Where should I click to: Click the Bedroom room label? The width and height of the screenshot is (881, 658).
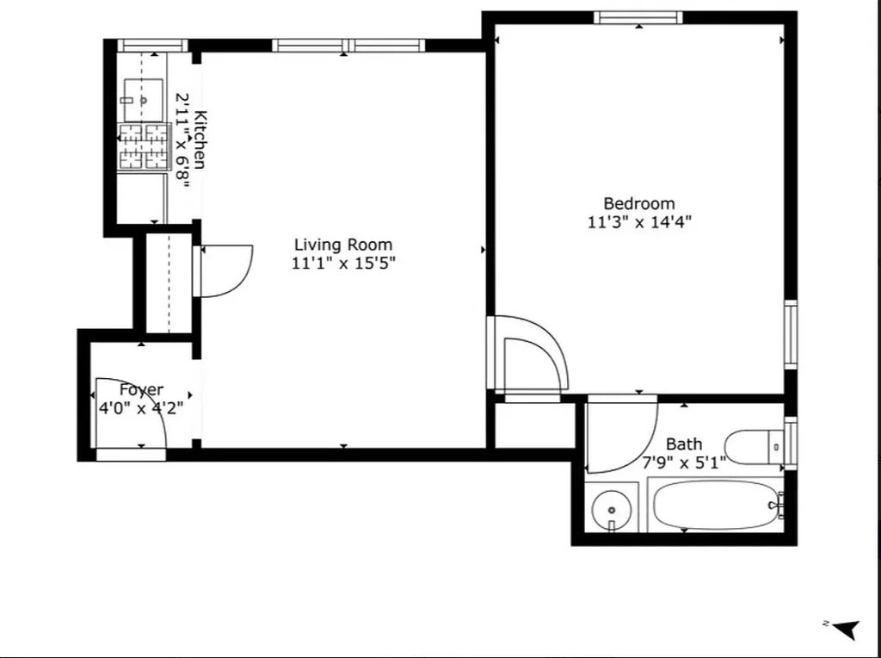click(639, 203)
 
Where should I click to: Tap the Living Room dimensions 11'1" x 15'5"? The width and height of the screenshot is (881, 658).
click(343, 263)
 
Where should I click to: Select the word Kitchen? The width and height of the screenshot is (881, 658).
click(200, 140)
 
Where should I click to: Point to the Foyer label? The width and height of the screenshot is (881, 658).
click(141, 390)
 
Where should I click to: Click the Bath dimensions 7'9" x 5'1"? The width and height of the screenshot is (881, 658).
click(684, 462)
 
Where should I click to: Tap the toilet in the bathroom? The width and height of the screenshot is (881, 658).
click(754, 446)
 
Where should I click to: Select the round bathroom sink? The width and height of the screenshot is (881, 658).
click(612, 510)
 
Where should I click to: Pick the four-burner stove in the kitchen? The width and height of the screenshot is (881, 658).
click(144, 146)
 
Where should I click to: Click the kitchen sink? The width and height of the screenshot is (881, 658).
click(144, 100)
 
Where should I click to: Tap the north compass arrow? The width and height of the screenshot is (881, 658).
click(842, 628)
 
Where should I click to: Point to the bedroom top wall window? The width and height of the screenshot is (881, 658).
click(638, 17)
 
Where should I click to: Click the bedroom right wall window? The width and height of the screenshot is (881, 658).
click(791, 335)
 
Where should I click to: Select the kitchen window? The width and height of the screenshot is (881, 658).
click(152, 46)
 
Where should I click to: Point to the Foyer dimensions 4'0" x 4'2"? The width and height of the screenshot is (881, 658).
click(141, 407)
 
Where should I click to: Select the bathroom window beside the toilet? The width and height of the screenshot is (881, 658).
click(791, 444)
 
